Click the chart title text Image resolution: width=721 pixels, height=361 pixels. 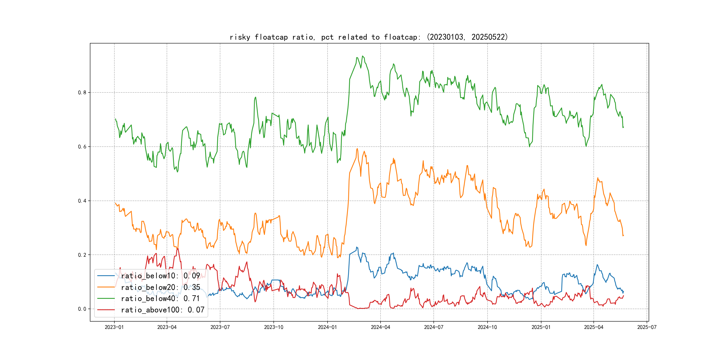click(369, 37)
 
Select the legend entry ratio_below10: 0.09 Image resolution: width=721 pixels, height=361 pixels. click(160, 276)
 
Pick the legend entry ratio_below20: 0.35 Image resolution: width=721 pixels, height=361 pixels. click(160, 287)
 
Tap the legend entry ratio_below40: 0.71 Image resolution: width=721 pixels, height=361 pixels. click(160, 299)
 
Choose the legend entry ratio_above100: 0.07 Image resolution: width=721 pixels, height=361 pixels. click(163, 310)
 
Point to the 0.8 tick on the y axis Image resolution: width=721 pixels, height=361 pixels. click(82, 92)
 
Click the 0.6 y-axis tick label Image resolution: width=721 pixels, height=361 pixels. click(82, 147)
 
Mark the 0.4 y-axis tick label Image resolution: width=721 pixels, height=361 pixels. click(82, 201)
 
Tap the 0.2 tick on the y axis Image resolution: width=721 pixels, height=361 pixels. click(82, 255)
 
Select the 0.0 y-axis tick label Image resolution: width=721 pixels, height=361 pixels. click(82, 309)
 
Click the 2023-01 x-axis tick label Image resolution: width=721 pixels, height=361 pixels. click(114, 327)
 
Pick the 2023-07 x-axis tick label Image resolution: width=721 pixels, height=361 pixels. click(220, 327)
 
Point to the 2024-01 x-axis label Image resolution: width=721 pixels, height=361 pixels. click(327, 327)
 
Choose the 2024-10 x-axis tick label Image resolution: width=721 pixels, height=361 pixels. click(487, 327)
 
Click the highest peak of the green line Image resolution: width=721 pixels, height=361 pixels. click(363, 56)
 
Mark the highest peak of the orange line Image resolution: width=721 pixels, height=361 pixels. click(357, 149)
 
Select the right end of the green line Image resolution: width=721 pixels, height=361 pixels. click(623, 127)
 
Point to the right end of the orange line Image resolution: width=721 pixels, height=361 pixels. click(623, 235)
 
